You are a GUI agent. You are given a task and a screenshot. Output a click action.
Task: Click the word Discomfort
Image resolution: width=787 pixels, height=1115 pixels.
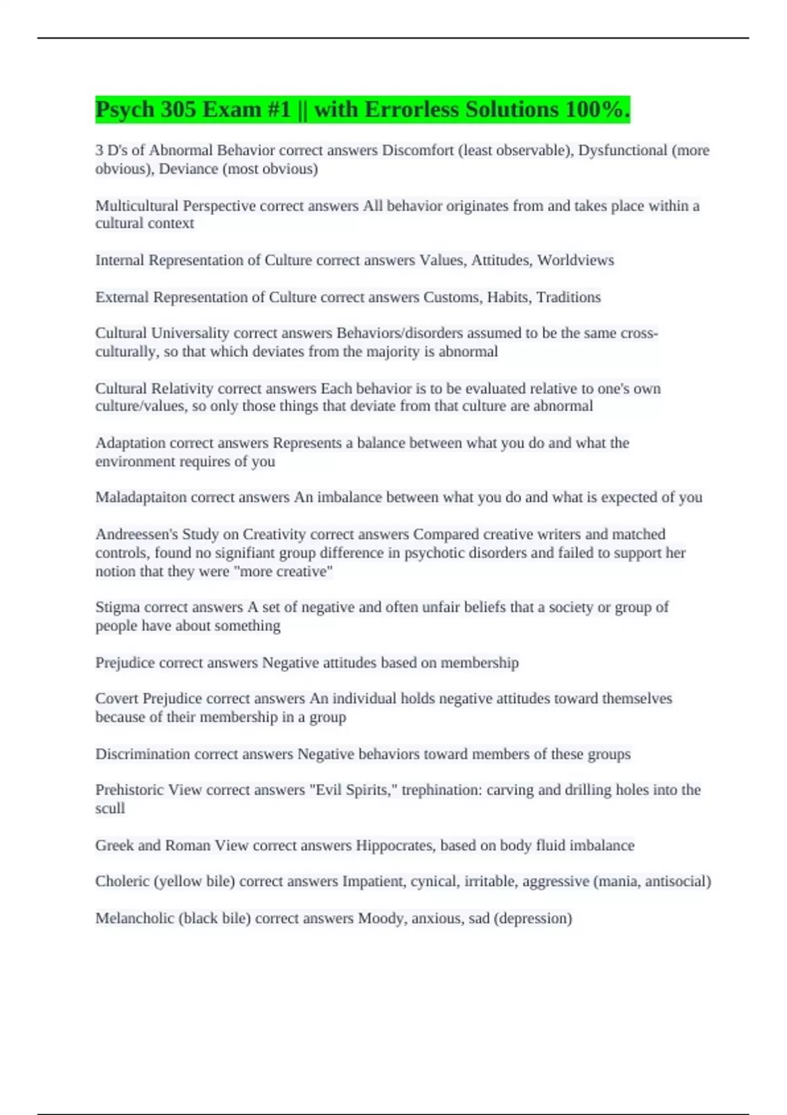418,150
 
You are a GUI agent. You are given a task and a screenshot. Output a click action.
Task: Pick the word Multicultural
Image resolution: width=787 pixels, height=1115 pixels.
136,206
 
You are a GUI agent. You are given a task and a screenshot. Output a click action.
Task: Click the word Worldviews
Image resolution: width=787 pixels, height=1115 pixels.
575,260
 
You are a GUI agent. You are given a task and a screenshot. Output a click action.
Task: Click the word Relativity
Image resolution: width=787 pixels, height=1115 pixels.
182,388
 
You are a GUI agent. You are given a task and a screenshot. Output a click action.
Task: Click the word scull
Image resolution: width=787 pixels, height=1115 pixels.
110,808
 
